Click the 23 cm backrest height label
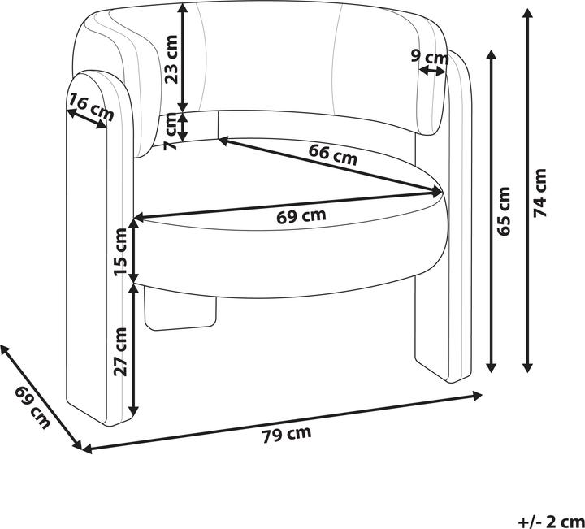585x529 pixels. pyautogui.click(x=171, y=61)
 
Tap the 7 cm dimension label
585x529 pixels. pyautogui.click(x=171, y=133)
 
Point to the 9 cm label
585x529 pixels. pyautogui.click(x=430, y=57)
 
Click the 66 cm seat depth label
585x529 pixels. pyautogui.click(x=333, y=154)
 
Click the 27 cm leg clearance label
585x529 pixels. pyautogui.click(x=121, y=351)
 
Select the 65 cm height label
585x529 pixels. pyautogui.click(x=505, y=210)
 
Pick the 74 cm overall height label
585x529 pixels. pyautogui.click(x=541, y=192)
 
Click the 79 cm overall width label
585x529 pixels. pyautogui.click(x=287, y=434)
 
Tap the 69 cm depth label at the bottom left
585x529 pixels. pyautogui.click(x=32, y=408)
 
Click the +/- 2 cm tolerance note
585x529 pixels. pyautogui.click(x=551, y=521)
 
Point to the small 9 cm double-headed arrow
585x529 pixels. pyautogui.click(x=432, y=72)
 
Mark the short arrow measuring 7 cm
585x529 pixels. pyautogui.click(x=184, y=127)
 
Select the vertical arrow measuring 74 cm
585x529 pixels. pyautogui.click(x=529, y=192)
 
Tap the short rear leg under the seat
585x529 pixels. pyautogui.click(x=184, y=313)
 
